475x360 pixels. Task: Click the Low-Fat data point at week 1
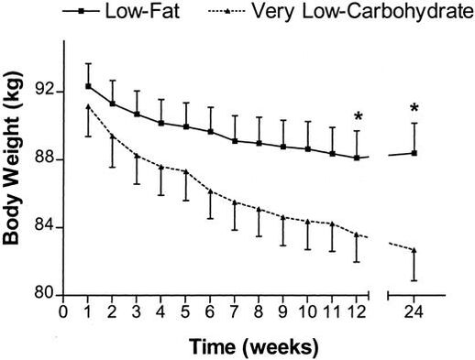click(x=88, y=86)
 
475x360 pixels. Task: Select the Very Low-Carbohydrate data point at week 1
click(x=88, y=106)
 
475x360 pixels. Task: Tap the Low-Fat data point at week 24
click(x=414, y=153)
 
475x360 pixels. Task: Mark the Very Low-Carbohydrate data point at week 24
click(x=414, y=250)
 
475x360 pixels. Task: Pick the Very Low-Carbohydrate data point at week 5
click(x=186, y=171)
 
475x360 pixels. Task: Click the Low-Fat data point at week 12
click(x=357, y=158)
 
